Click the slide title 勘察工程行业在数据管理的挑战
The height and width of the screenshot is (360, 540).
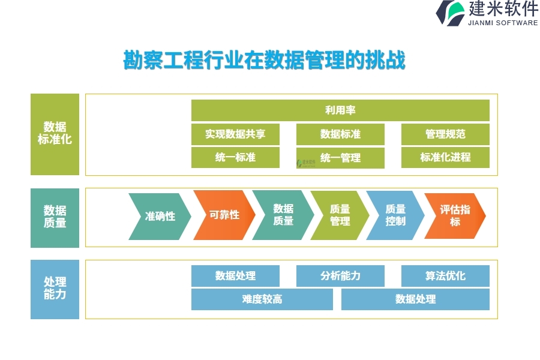click(x=264, y=60)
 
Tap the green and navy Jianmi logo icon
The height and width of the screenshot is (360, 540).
click(x=450, y=13)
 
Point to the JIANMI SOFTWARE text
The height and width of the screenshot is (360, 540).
click(x=503, y=23)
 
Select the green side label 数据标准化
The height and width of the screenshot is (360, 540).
click(x=55, y=134)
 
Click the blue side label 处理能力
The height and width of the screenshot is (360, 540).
click(x=55, y=289)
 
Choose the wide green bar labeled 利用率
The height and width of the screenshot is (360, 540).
click(x=340, y=110)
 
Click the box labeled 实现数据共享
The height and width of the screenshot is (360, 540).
click(x=235, y=134)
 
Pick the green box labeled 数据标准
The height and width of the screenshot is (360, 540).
click(x=340, y=134)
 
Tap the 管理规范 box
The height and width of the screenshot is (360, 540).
click(x=445, y=134)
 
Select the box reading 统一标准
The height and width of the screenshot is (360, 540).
click(x=235, y=158)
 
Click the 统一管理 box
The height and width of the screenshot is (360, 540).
click(x=340, y=158)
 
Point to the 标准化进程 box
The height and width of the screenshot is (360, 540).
click(x=445, y=158)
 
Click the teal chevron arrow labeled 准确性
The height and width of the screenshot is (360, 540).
click(x=160, y=217)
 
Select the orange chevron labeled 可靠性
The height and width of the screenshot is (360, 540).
click(x=224, y=215)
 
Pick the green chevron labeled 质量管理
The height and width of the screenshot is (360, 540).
click(x=340, y=215)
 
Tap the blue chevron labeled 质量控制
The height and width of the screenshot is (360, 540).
click(x=395, y=215)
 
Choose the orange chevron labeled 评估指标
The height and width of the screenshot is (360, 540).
click(x=455, y=215)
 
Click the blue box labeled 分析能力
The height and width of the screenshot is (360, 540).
click(x=340, y=276)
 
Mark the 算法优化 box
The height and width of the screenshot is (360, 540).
click(x=445, y=276)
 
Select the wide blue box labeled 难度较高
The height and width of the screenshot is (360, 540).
click(x=262, y=299)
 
